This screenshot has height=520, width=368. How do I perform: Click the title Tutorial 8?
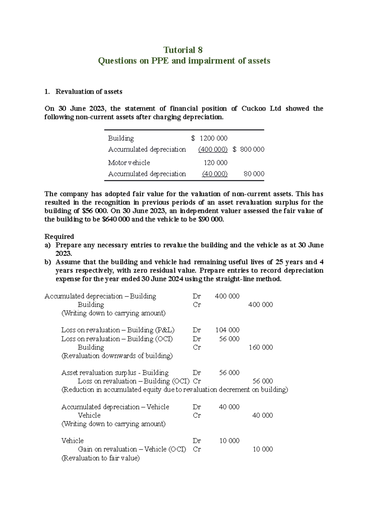183,50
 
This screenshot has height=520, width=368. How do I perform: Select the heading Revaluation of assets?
89,92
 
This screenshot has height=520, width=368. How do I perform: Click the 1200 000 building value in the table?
213,138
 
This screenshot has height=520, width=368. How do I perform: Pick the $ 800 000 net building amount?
248,149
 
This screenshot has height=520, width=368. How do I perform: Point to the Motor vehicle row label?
129,163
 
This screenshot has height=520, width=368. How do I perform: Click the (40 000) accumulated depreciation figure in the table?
215,174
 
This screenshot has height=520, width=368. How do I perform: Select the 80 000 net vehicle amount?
254,174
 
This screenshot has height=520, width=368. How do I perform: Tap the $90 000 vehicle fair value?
211,219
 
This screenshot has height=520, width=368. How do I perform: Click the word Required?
59,236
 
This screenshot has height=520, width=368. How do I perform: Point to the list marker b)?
48,262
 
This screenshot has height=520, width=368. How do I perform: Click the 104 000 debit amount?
227,330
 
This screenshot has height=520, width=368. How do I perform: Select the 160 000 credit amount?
261,347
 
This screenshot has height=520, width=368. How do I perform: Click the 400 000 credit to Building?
260,305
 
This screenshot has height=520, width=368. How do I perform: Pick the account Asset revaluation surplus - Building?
115,373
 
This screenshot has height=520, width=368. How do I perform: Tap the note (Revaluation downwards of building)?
117,356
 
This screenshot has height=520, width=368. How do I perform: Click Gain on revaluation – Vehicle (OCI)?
132,449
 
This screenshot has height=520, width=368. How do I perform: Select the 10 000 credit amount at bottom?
263,449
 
